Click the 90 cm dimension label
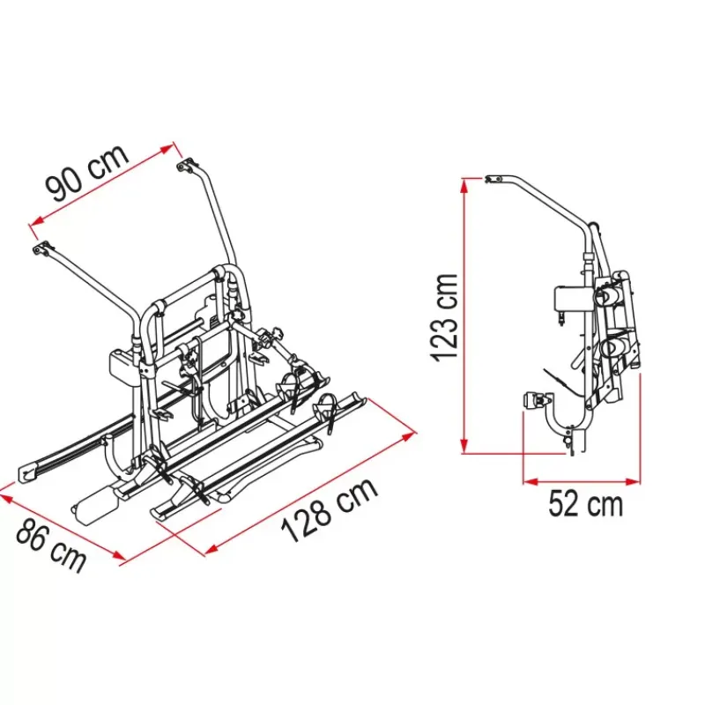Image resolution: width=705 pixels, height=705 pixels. coord(87,173)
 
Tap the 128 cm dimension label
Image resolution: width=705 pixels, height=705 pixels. coord(330,510)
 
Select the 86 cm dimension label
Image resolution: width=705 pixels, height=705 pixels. coord(51,545)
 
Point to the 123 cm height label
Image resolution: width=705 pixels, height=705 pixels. coord(445,317)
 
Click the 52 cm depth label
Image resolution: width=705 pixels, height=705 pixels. coord(586,504)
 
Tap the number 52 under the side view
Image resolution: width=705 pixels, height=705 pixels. coord(562,504)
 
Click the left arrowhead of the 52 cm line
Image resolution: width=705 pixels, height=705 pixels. coord(531,482)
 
